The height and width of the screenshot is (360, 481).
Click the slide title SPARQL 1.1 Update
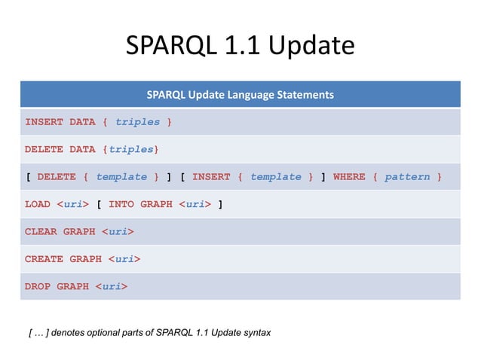tap(240, 47)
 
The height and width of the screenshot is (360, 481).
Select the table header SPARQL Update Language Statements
tap(240, 95)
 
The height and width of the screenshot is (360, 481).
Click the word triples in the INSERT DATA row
tap(137, 122)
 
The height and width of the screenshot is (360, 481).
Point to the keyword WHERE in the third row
tap(349, 177)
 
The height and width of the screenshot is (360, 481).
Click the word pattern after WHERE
tap(407, 177)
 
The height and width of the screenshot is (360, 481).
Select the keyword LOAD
tap(38, 204)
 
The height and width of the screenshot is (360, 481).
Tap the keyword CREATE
tap(44, 259)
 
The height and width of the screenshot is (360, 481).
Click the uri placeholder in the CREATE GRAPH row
tap(124, 259)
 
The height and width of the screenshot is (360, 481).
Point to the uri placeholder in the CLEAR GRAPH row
tap(118, 231)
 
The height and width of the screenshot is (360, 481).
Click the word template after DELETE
tap(121, 177)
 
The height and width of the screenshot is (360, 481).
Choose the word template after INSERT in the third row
tap(275, 177)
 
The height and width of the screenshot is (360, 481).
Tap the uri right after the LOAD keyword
tap(73, 204)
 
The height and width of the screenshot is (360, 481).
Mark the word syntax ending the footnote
tap(255, 332)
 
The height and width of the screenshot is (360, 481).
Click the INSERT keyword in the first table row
tap(44, 122)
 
